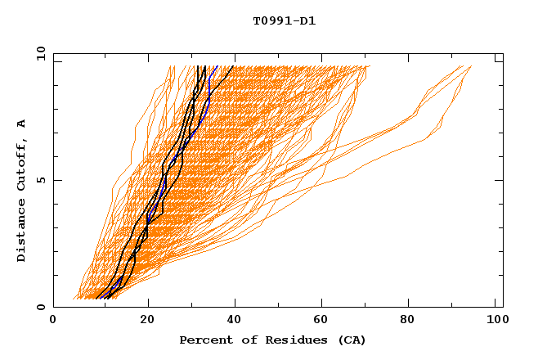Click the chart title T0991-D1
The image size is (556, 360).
[285, 21]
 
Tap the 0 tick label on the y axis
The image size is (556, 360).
[41, 307]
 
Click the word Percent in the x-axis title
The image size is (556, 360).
[202, 340]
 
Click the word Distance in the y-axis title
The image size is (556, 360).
[22, 233]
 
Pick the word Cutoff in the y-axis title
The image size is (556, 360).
[22, 163]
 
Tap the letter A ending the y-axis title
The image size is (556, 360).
[22, 123]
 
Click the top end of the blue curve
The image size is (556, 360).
[217, 66]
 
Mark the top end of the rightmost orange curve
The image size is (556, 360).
[471, 66]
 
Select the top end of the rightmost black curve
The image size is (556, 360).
[234, 66]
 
